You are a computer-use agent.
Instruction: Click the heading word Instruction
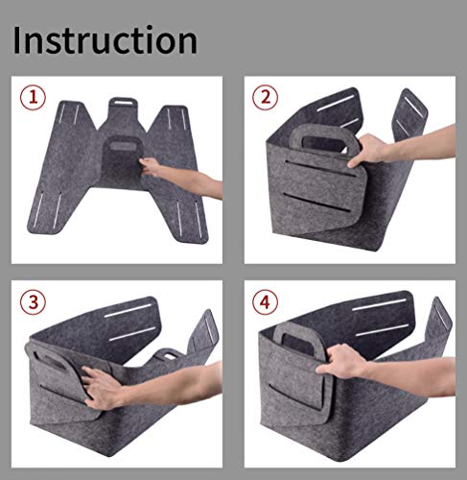(105, 40)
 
